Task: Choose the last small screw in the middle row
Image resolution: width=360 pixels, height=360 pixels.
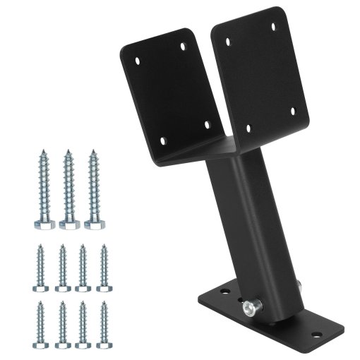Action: click(103, 268)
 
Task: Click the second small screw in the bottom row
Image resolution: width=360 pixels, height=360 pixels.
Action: click(62, 324)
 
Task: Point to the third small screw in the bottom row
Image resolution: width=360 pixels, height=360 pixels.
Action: click(83, 324)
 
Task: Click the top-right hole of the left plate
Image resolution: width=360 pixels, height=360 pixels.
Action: click(184, 46)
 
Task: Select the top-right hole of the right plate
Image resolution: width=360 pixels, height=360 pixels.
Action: click(272, 26)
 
